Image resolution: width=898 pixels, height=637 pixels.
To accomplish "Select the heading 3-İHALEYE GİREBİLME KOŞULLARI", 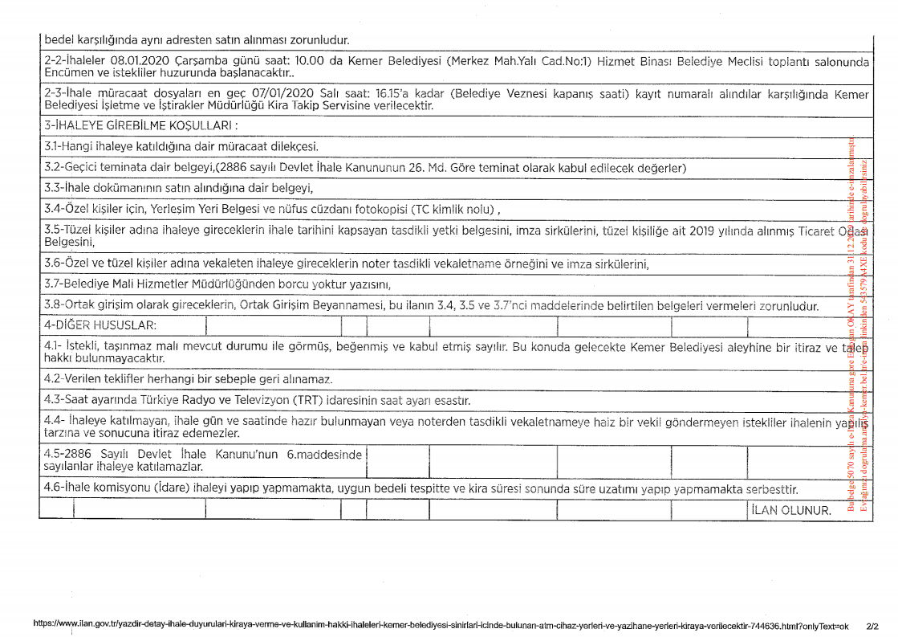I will (x=141, y=126).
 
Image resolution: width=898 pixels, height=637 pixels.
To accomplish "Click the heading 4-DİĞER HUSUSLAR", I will (x=100, y=325).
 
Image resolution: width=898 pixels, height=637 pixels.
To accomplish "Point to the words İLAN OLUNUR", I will (x=791, y=510).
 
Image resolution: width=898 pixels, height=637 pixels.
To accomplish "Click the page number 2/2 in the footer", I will (x=872, y=624).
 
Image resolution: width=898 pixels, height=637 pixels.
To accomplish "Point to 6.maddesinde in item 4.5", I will (x=324, y=454).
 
